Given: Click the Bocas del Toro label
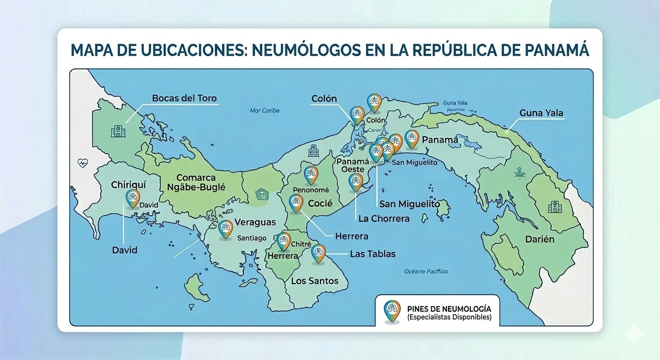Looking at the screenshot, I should click(184, 98).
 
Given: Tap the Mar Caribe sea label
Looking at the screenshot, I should click(264, 111).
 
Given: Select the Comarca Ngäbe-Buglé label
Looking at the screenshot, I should click(196, 182).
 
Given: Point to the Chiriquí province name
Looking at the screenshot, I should click(129, 185).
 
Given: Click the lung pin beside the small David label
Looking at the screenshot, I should click(133, 198).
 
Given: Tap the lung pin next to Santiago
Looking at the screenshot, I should click(225, 229).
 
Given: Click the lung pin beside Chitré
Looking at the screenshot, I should click(284, 240).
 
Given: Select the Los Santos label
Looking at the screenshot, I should click(315, 281).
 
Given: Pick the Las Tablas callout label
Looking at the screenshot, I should click(373, 254).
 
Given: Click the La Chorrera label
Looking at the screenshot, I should click(383, 218).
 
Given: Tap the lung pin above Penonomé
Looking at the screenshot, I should click(311, 174).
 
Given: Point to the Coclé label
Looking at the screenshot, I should click(320, 203).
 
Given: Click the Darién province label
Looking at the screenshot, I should click(540, 239).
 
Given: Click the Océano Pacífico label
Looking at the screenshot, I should click(426, 271).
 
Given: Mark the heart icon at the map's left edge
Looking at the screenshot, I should click(82, 163).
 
